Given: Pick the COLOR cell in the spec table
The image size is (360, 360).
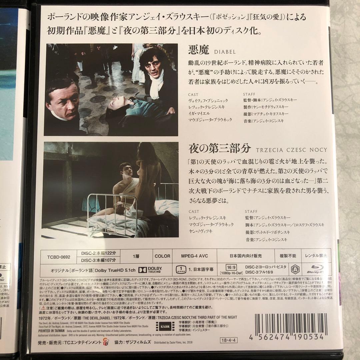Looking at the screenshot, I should pos(162,256).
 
